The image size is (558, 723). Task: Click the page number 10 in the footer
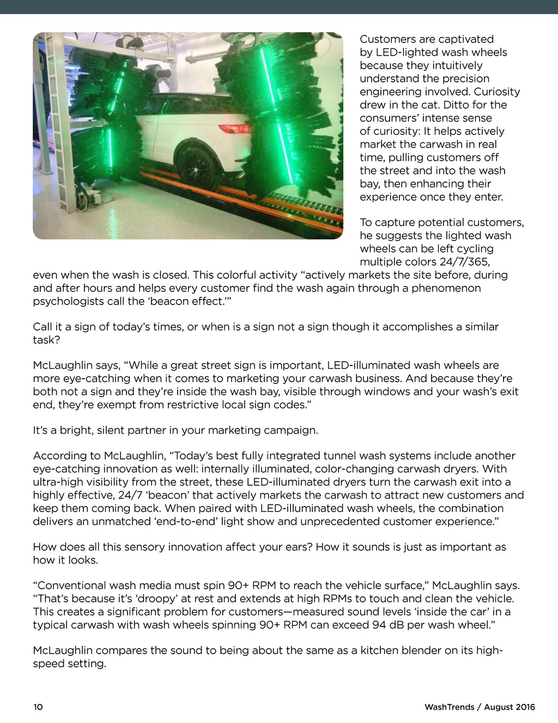pos(38,707)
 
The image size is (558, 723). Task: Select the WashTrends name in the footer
pos(449,707)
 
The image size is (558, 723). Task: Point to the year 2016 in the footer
pos(525,707)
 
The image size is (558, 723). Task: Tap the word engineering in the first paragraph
pos(391,92)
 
